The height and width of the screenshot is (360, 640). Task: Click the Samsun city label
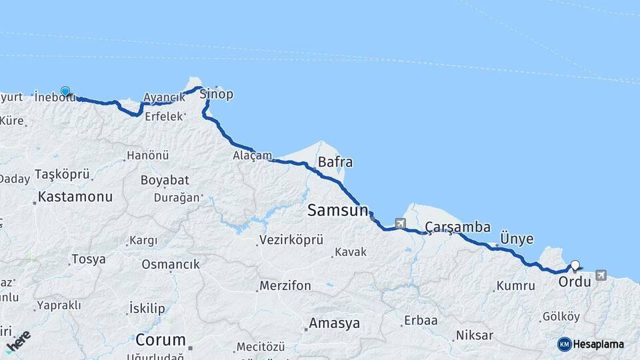(337, 211)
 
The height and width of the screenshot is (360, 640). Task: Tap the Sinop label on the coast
(217, 93)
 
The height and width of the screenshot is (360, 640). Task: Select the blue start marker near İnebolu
(65, 91)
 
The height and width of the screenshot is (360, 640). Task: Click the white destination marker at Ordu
(575, 265)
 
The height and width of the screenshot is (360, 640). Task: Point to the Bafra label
(335, 162)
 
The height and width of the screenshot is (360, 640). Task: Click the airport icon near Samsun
(400, 223)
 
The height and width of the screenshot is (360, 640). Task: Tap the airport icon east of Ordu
(601, 275)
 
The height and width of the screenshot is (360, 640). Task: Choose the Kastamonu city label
(75, 197)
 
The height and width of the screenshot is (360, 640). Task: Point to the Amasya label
(334, 323)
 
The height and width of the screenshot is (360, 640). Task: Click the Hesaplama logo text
(598, 344)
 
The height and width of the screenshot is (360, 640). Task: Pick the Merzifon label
(285, 285)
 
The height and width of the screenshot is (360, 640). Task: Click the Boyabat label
(165, 180)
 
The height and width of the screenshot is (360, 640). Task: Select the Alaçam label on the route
(252, 155)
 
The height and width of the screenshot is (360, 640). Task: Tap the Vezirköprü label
(291, 239)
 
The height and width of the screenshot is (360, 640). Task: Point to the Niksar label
(475, 335)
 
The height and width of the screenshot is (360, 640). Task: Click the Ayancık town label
(163, 97)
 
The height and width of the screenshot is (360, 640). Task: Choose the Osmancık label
(171, 264)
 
